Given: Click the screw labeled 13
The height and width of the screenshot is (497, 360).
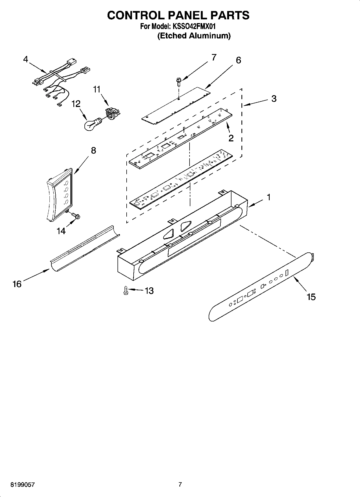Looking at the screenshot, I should (x=125, y=291).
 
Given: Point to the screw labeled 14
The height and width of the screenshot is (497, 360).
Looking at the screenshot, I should (x=75, y=215).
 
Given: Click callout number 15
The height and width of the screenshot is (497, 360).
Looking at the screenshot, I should (x=311, y=297).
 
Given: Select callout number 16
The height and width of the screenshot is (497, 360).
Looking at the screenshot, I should (x=17, y=284).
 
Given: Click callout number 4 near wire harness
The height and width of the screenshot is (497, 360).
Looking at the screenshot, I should (x=25, y=59).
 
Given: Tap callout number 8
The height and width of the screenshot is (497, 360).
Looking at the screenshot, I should (x=93, y=151).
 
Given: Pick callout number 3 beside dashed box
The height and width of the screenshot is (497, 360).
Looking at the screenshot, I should (x=274, y=99).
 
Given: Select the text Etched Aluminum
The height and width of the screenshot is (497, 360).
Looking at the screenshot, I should (x=194, y=36).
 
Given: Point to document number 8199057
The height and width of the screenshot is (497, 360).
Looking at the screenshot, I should (x=23, y=485).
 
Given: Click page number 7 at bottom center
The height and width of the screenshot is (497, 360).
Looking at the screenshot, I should (x=180, y=485).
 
